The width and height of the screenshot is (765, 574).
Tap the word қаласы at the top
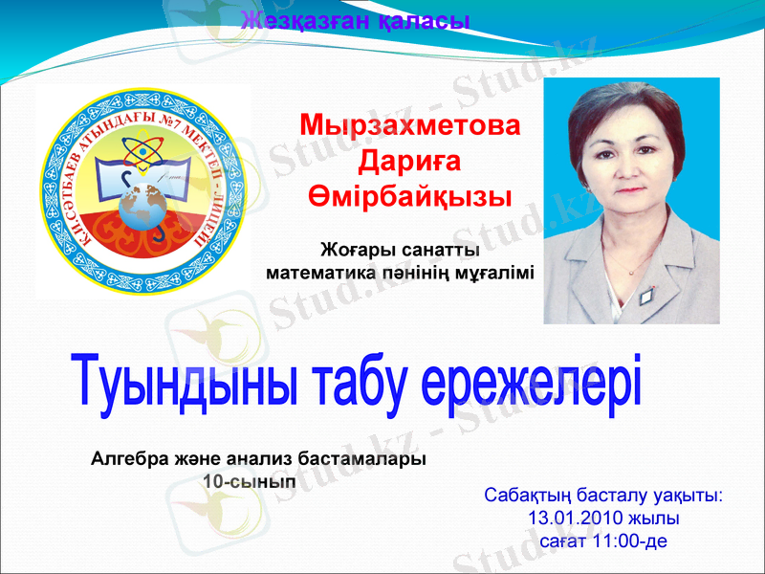coord(420,19)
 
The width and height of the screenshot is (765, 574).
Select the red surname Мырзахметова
coord(411,126)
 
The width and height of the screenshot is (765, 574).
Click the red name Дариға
coord(411,161)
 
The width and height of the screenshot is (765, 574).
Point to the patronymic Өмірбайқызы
coord(411,196)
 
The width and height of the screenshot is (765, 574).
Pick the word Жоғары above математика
coord(359,251)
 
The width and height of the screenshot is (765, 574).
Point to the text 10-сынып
coord(250,481)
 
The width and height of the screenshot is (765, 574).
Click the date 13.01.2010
coord(572,519)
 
